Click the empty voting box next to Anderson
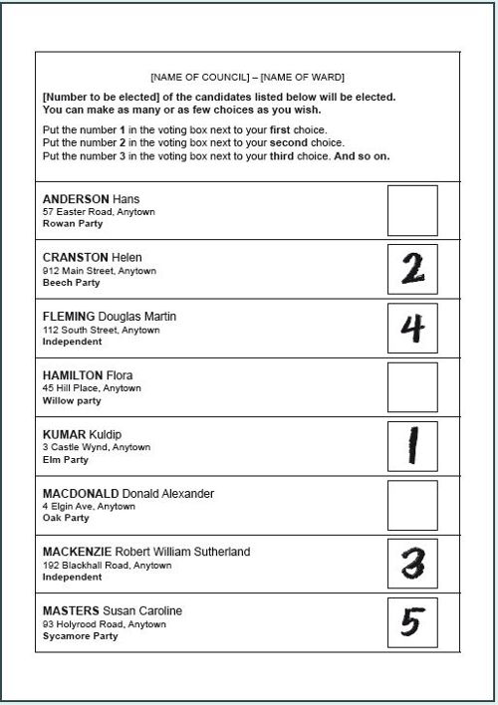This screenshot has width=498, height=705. click(411, 210)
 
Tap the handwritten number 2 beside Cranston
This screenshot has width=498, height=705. click(412, 269)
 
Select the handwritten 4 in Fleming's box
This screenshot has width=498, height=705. click(412, 328)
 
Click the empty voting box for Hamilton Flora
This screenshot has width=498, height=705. click(411, 387)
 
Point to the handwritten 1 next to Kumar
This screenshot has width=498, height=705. click(411, 446)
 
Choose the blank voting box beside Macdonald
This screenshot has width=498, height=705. click(411, 505)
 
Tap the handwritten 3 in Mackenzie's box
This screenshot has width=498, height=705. click(412, 564)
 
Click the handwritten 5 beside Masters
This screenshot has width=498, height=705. click(412, 622)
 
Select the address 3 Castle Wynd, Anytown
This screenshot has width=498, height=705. click(97, 447)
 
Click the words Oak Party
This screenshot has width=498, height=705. click(66, 518)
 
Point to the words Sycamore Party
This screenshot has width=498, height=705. click(80, 636)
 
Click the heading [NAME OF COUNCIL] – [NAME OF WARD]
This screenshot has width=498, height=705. click(248, 77)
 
